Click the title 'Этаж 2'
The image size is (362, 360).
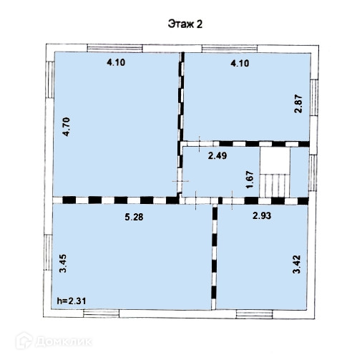pos(185,24)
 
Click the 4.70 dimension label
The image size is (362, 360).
pos(66,127)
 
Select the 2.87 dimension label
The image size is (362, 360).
pos(298,104)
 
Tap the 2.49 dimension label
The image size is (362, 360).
pos(217,156)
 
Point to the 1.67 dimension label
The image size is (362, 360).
pos(250,180)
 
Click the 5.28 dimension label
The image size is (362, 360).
pos(134,217)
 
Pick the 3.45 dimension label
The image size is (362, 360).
pos(63,263)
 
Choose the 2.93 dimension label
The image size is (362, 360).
pos(262,215)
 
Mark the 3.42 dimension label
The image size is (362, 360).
pos(296,264)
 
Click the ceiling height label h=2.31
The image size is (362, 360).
pos(72,301)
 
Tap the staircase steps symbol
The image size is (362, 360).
pos(275,185)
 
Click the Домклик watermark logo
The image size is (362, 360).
pos(54,341)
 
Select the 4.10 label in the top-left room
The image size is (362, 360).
pos(116,62)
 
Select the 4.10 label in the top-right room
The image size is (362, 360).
pos(240,63)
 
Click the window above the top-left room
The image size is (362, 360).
pos(115,48)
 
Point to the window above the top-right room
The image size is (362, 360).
pos(230,49)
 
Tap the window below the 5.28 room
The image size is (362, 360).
pos(102,313)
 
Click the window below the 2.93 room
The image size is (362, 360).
pos(254,314)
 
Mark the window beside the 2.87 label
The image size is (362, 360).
pos(314,97)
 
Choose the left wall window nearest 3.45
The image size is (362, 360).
pos(48,253)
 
